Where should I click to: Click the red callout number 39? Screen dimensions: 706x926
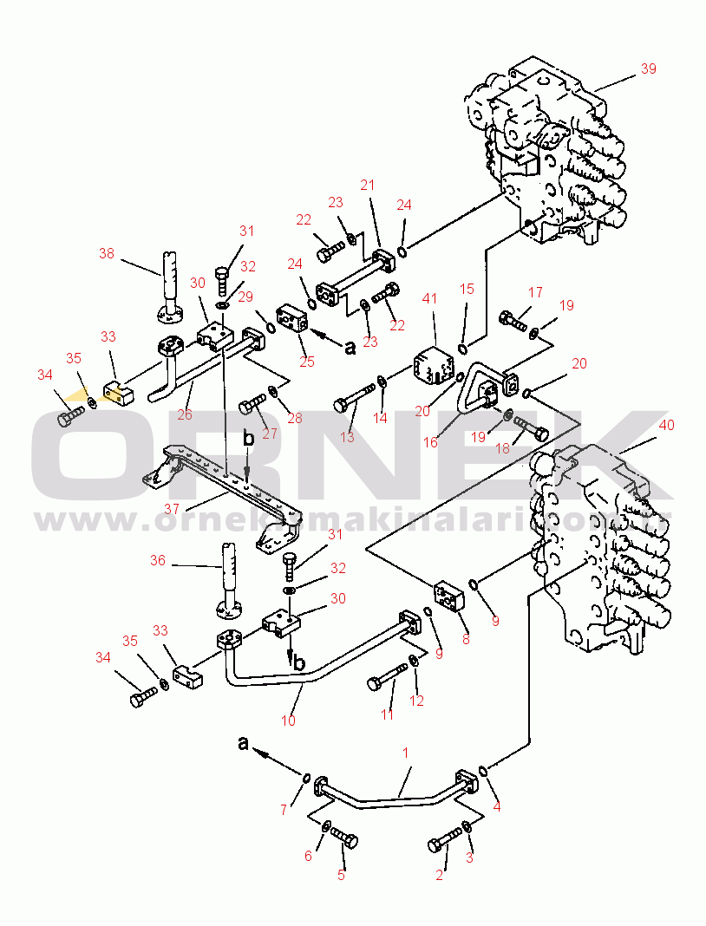click(x=648, y=68)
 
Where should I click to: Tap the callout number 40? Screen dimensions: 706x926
click(x=666, y=425)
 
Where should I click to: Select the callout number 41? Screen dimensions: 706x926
click(x=429, y=298)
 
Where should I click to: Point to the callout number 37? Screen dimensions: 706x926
click(x=172, y=508)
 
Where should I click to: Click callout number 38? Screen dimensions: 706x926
click(x=107, y=253)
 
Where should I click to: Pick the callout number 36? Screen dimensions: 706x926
click(x=158, y=560)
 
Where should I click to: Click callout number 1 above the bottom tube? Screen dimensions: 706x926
click(x=405, y=753)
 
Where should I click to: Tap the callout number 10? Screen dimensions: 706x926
click(x=288, y=721)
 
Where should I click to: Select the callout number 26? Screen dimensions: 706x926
click(x=185, y=414)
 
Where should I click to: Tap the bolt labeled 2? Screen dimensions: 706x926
click(x=445, y=839)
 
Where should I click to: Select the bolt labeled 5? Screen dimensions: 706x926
click(x=343, y=838)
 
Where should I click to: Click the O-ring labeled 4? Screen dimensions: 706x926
click(x=483, y=771)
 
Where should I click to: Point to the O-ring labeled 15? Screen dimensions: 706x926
click(x=463, y=349)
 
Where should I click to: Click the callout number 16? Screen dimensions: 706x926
click(x=430, y=441)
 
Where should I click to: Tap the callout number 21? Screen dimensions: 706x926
click(x=368, y=185)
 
